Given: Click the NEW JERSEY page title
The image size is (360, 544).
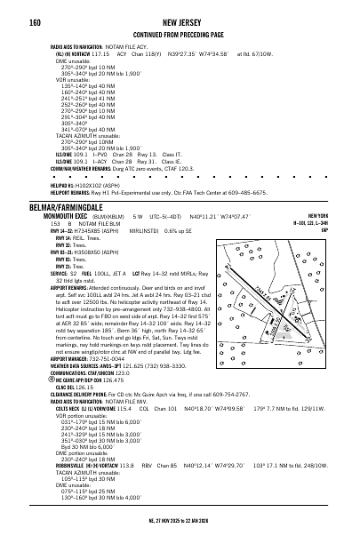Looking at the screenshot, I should point(180,18).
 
